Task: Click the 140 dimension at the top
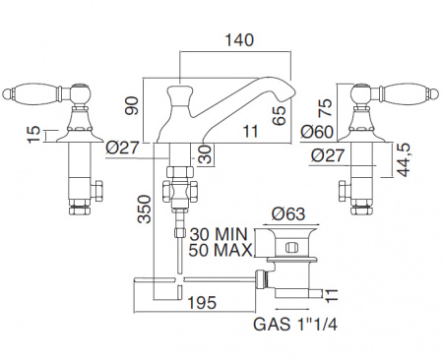point(239,40)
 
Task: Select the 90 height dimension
point(132,105)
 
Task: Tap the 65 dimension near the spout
point(279,115)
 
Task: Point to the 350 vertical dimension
point(144,210)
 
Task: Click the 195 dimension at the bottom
point(202,302)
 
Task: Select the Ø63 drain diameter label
point(288,214)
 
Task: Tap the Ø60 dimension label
point(317,132)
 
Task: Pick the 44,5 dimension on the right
point(404,161)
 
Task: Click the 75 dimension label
point(326,107)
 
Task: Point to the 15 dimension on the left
point(33,135)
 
